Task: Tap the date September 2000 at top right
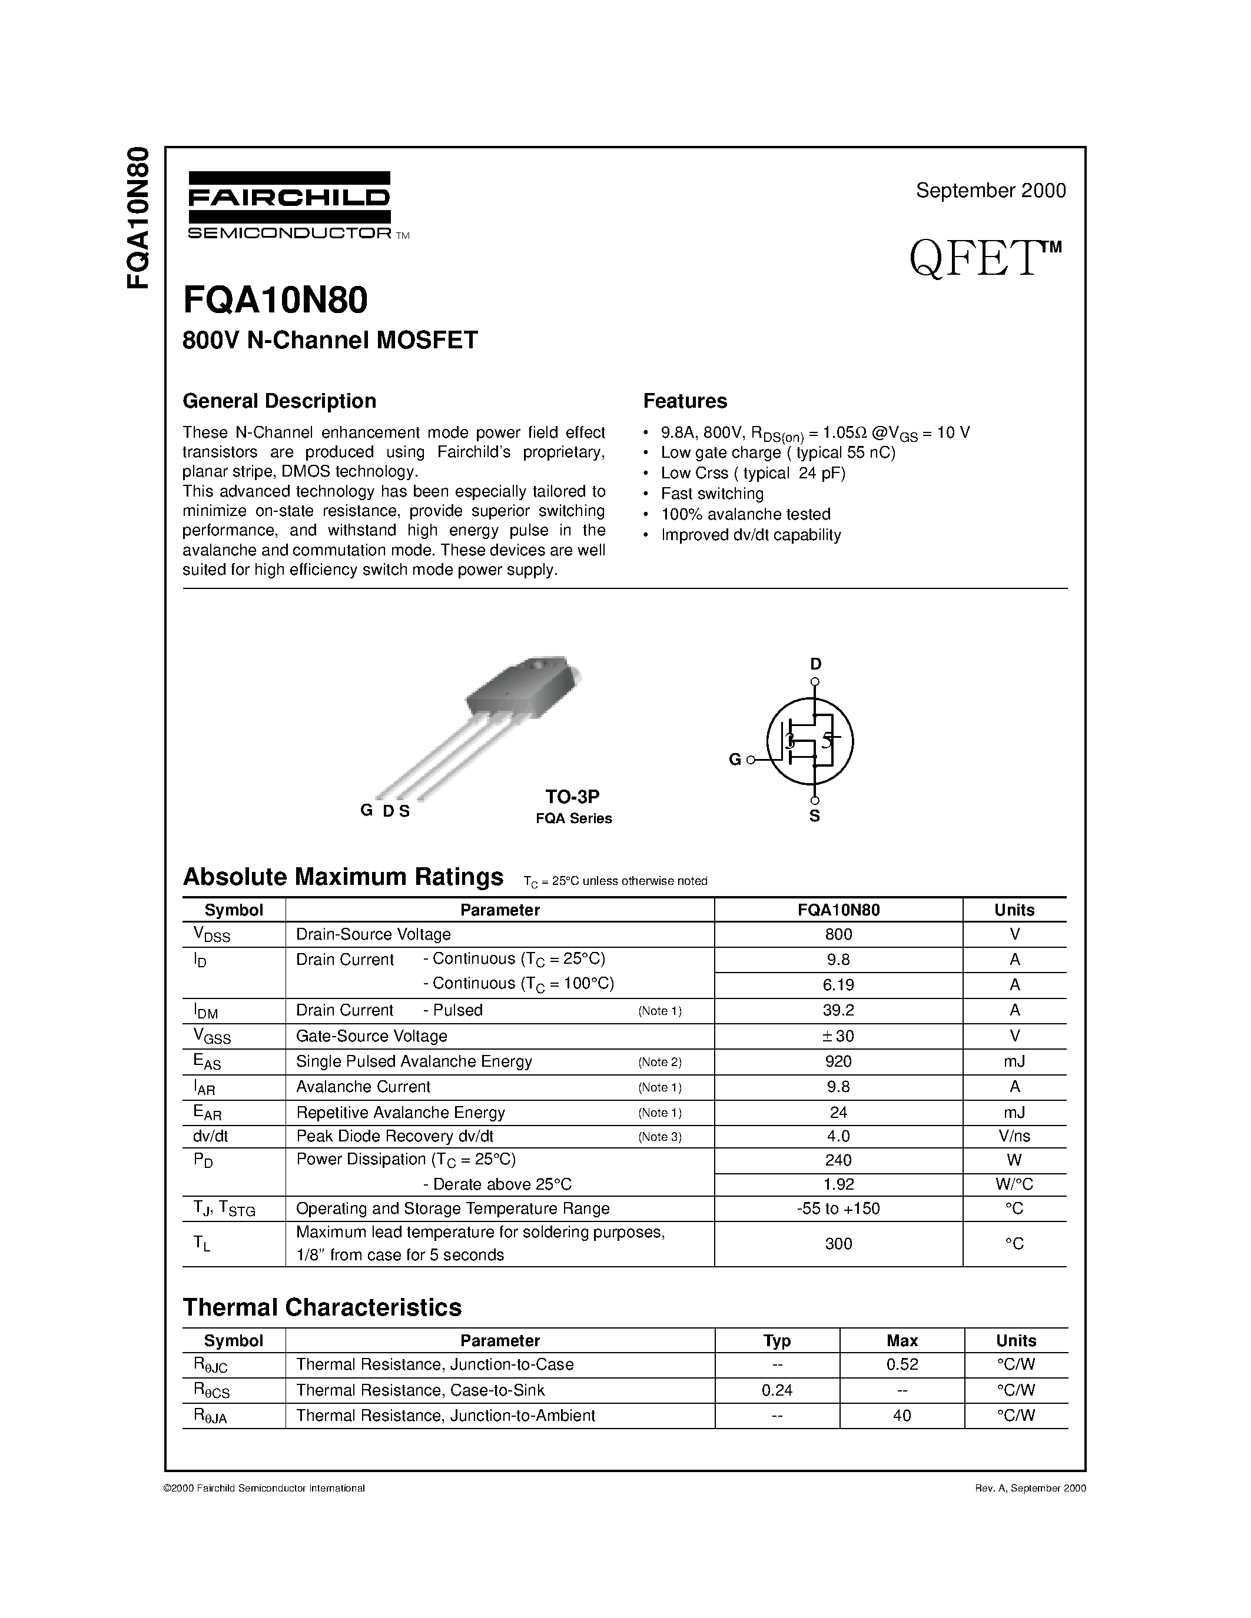(x=990, y=191)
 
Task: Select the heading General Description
(x=280, y=401)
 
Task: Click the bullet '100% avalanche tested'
(x=745, y=514)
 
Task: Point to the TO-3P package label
(x=572, y=797)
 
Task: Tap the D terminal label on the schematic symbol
(x=815, y=664)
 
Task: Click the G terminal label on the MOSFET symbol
(x=735, y=760)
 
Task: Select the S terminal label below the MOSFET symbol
(x=815, y=817)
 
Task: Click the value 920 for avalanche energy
(x=838, y=1061)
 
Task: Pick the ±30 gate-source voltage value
(x=838, y=1036)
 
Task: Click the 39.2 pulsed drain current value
(x=838, y=1010)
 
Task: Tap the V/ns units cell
(x=1014, y=1136)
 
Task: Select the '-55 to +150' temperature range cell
(x=838, y=1208)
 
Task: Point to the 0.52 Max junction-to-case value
(x=902, y=1364)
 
